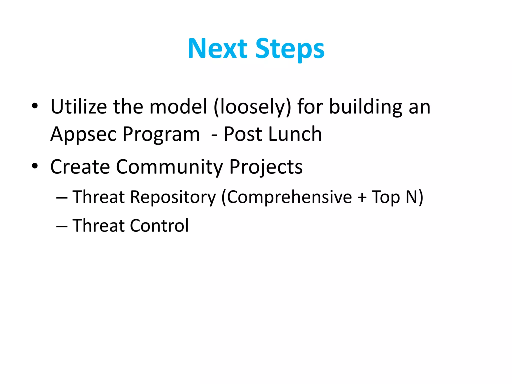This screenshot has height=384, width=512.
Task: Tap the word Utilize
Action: [x=79, y=107]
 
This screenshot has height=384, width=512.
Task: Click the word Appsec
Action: [x=83, y=134]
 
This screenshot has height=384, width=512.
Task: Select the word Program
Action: [x=161, y=134]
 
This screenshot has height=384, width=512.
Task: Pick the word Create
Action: [x=80, y=167]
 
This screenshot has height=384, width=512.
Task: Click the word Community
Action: [x=169, y=167]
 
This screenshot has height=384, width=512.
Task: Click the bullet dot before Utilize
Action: [x=35, y=106]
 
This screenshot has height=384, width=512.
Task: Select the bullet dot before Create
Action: [x=35, y=166]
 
